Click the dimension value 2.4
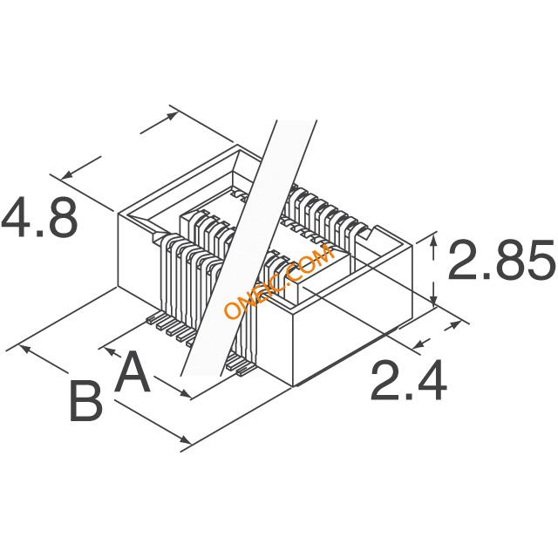point(409,381)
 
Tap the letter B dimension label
point(86,404)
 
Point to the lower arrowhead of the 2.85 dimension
point(435,296)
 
